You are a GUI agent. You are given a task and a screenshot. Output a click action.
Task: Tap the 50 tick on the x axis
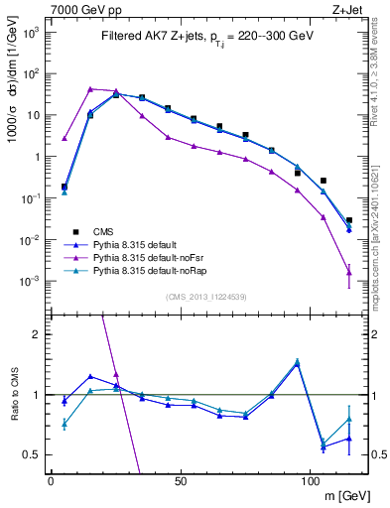pos(181,482)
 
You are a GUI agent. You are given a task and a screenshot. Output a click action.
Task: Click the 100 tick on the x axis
pos(310,482)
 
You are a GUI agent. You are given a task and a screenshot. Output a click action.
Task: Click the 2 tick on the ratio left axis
pos(37,334)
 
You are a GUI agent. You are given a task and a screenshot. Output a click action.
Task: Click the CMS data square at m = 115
pos(348,220)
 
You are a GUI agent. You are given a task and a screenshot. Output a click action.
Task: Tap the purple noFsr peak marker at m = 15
pos(90,89)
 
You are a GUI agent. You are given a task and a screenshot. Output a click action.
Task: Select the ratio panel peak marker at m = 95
pos(297,362)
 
